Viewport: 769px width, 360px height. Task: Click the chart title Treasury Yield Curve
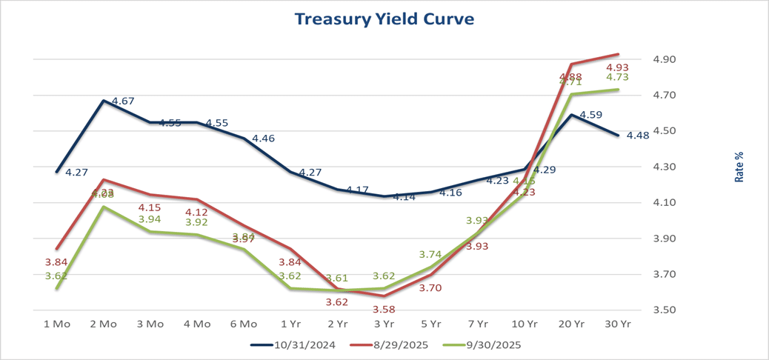384,19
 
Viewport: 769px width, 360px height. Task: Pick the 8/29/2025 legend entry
393,345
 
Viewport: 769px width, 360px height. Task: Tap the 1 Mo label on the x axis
56,324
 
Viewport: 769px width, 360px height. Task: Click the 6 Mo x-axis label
244,324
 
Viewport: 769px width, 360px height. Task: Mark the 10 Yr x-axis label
525,324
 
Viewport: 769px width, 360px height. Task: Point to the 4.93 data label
617,67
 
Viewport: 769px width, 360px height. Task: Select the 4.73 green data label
617,77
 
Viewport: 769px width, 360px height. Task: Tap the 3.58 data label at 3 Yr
384,309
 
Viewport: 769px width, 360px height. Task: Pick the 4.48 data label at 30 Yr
639,136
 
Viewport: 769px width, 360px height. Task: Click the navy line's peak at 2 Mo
103,101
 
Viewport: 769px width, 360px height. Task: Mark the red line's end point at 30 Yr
619,54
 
